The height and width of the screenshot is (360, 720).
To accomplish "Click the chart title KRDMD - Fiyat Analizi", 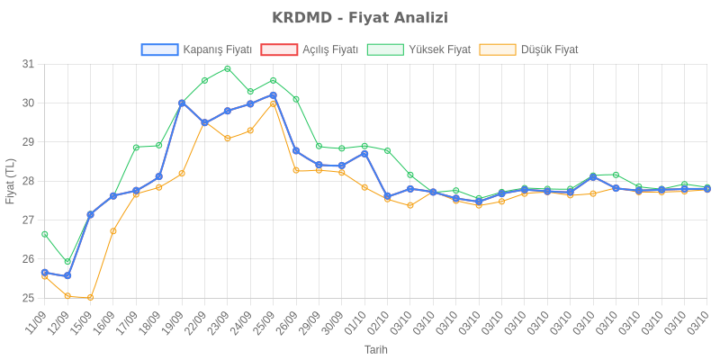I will (x=360, y=18).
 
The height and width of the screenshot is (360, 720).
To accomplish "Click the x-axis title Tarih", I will (x=376, y=348).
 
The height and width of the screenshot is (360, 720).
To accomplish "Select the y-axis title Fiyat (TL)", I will (x=11, y=181).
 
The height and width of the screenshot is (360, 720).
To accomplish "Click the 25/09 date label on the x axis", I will (x=266, y=320).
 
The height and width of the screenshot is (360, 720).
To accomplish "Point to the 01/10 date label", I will (x=358, y=320).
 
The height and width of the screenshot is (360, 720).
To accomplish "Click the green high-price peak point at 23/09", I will (x=228, y=68).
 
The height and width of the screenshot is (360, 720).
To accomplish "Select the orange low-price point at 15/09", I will (x=90, y=297).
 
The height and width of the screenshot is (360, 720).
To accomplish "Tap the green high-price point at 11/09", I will (x=44, y=234).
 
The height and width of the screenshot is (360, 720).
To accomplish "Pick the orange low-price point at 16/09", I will (x=113, y=231).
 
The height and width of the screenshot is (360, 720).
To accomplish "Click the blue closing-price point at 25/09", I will (x=274, y=94).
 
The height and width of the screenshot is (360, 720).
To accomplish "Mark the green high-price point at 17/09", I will (x=136, y=147).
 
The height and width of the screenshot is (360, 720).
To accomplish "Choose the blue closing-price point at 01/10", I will (x=364, y=153).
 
